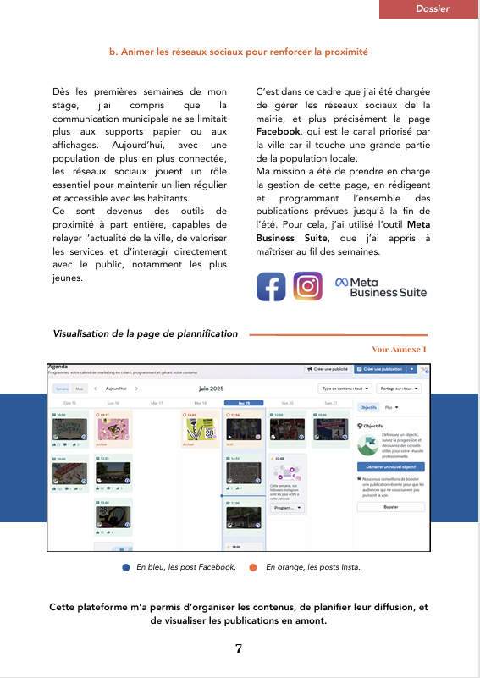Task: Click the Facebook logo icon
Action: [271, 286]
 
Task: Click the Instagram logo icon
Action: [307, 286]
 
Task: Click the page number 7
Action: [239, 648]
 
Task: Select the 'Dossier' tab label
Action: [433, 8]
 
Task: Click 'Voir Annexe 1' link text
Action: [400, 349]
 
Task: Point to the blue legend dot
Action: [125, 567]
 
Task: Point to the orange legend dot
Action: [253, 567]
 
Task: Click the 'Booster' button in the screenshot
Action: [390, 507]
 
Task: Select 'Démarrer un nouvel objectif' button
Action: [390, 466]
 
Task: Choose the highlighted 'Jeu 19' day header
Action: [243, 403]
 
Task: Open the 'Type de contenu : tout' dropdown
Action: [345, 389]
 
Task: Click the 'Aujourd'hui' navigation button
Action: [116, 389]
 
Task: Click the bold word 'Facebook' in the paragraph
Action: [278, 133]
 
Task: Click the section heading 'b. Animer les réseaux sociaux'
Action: [239, 52]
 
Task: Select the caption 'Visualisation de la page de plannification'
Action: [146, 334]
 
